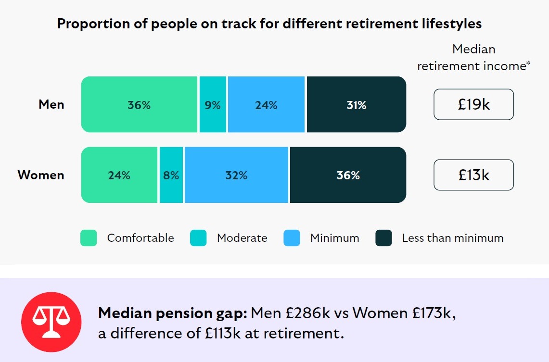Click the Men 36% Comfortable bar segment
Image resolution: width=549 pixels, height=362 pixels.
pyautogui.click(x=139, y=104)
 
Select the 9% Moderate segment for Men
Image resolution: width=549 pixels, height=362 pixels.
pyautogui.click(x=213, y=104)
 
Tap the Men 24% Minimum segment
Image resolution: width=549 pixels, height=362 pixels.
pyautogui.click(x=266, y=104)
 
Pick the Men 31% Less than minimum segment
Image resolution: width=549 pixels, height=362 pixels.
pyautogui.click(x=356, y=104)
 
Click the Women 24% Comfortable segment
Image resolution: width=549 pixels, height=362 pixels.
pyautogui.click(x=119, y=175)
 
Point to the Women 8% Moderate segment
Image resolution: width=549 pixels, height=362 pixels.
pyautogui.click(x=171, y=175)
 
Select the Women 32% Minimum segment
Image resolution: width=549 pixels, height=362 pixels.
pyautogui.click(x=236, y=175)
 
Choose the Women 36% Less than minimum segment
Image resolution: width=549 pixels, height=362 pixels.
pyautogui.click(x=348, y=175)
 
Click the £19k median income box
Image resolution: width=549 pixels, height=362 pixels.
pyautogui.click(x=473, y=104)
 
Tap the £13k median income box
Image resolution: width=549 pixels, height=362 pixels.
pyautogui.click(x=473, y=175)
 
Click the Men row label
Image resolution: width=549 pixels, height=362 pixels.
pyautogui.click(x=51, y=104)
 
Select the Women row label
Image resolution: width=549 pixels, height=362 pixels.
pyautogui.click(x=41, y=175)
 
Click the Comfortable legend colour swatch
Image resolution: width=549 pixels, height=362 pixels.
pyautogui.click(x=89, y=238)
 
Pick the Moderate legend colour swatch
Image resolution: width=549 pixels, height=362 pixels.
pyautogui.click(x=198, y=238)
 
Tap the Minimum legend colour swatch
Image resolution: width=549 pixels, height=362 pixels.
pyautogui.click(x=292, y=238)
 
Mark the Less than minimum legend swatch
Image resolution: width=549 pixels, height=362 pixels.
pyautogui.click(x=383, y=238)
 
